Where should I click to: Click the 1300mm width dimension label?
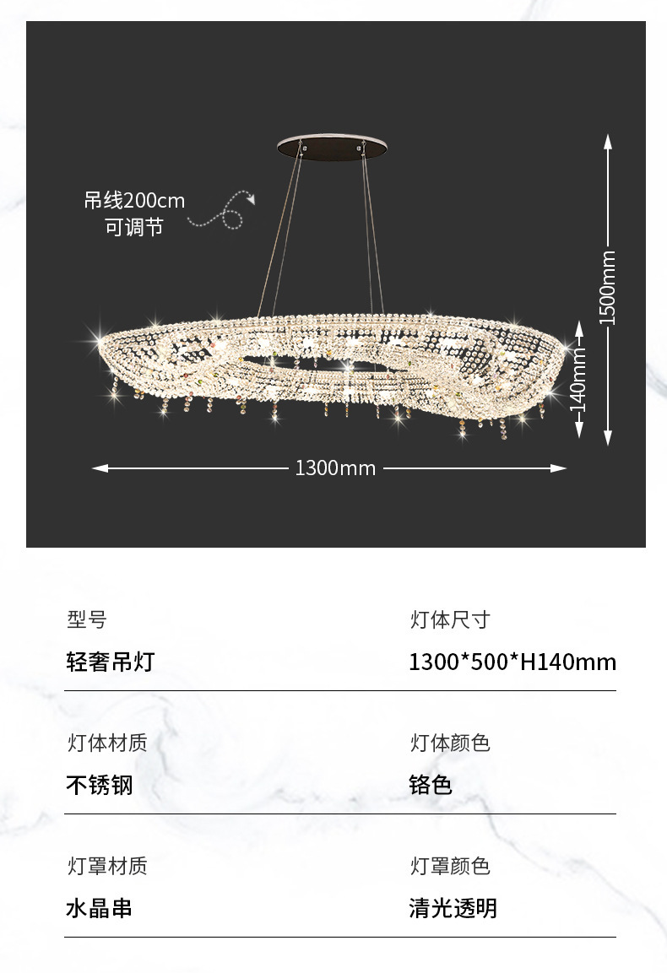tap(335, 468)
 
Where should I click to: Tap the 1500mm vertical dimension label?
tap(607, 288)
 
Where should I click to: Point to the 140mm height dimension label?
tap(578, 379)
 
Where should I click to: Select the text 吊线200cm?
tap(133, 201)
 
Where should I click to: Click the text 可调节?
tap(133, 226)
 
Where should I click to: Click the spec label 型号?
tap(87, 620)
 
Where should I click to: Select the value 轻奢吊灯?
tap(111, 662)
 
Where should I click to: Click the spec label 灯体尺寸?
tap(450, 620)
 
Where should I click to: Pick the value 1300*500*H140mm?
tap(512, 662)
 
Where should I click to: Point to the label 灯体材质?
tap(107, 743)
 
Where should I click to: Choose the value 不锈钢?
tap(100, 785)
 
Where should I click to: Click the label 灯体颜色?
tap(450, 743)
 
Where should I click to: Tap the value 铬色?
tap(431, 785)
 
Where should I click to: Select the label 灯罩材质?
tap(107, 867)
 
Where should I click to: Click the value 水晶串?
tap(100, 908)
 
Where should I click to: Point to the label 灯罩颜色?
tap(450, 867)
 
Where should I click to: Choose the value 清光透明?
tap(453, 908)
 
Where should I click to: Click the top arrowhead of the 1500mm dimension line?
tap(607, 140)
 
